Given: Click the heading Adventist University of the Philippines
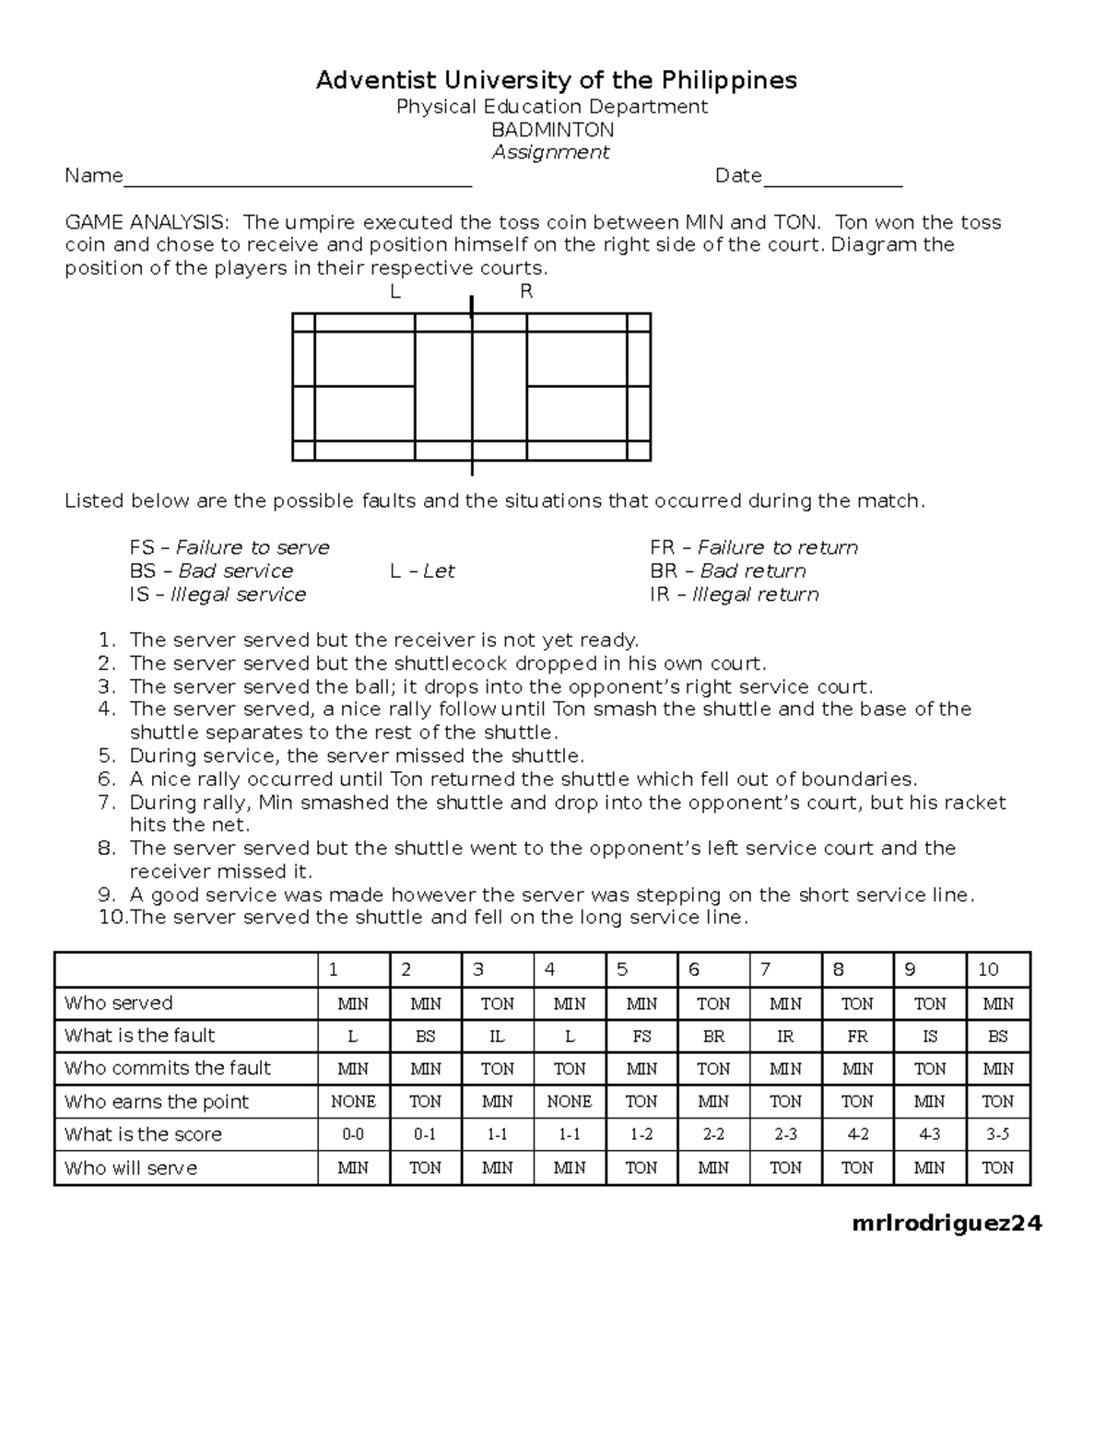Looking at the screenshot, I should pos(556,81).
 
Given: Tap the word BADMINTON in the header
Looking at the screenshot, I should pos(552,130).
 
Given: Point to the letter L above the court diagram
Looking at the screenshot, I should pos(395,292).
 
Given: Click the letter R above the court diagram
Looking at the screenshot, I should pos(526,292).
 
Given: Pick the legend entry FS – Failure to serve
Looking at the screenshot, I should pos(229,548).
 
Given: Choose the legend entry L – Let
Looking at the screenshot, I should pos(422,571).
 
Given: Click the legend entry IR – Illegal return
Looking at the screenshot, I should pos(734,595).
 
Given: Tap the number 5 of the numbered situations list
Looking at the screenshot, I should pos(107,757).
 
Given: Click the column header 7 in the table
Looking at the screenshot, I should pos(765,969).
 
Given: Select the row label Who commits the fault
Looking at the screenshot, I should pos(168,1069).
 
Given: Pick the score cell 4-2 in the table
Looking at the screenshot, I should pos(857,1135).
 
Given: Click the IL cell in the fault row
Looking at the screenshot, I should pos(497,1037).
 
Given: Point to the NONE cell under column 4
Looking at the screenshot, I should pos(569,1102).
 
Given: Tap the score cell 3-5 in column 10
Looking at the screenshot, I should pos(998,1135).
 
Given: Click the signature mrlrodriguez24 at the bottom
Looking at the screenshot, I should pos(947,1224).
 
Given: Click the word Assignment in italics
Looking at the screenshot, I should pos(551,153).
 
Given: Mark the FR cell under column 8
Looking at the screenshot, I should pos(857,1037).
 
